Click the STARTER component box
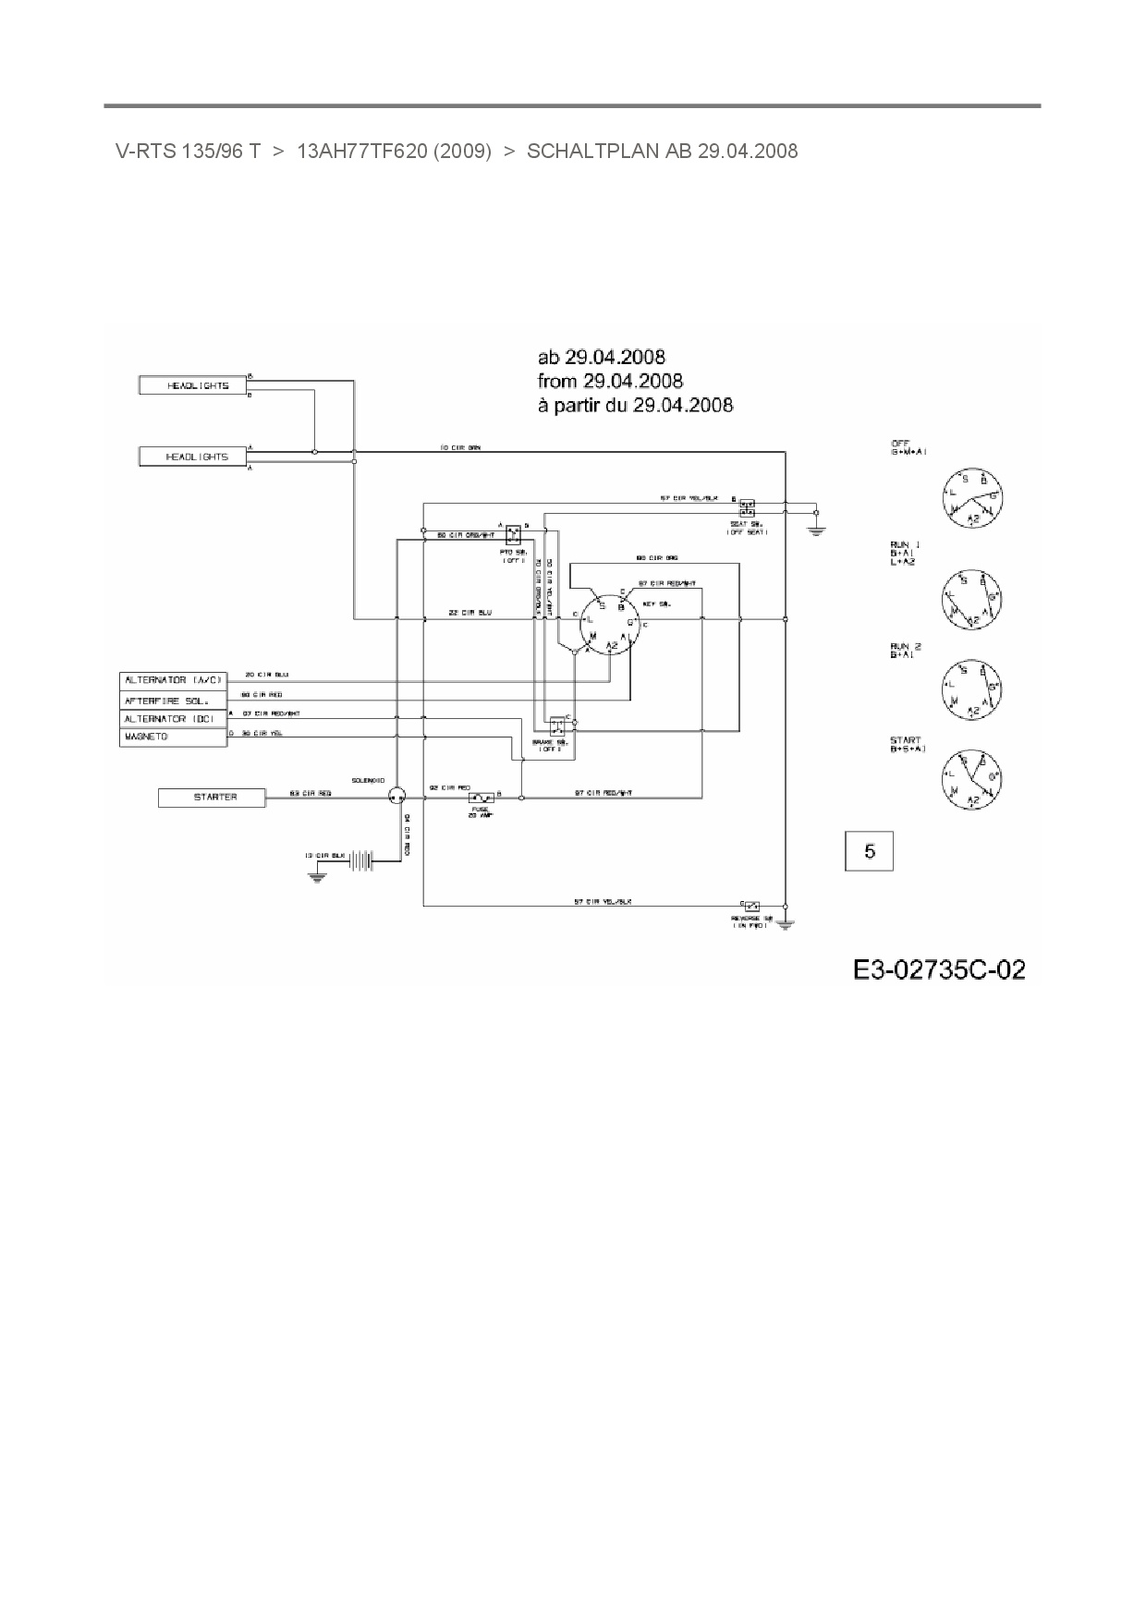pos(212,797)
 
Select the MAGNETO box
pos(173,737)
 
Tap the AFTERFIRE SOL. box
pos(173,700)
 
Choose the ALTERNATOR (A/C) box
pos(173,680)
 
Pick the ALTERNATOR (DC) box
pos(173,719)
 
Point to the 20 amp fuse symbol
pos(481,797)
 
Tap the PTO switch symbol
pos(514,533)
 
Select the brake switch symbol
pos(557,725)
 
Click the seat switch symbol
pos(747,507)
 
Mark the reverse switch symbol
pos(750,905)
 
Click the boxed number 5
pos(870,851)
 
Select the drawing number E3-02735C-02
pos(939,969)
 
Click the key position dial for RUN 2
pos(972,689)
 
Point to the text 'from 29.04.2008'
pos(610,381)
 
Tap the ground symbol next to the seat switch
pos(816,529)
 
